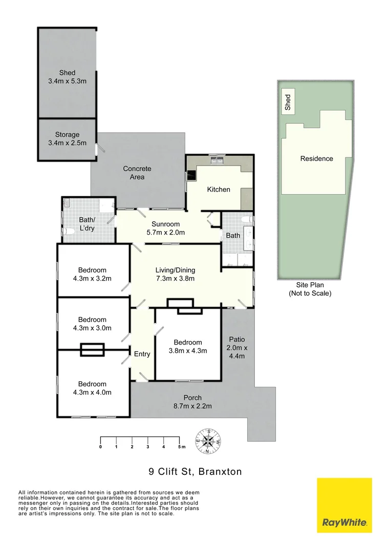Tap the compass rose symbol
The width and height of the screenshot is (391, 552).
click(209, 441)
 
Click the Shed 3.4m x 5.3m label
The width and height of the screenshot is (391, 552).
click(67, 77)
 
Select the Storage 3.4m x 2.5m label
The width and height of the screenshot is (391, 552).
click(67, 139)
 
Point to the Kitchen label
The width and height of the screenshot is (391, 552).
click(219, 190)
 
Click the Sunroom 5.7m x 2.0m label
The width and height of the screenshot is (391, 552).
click(165, 228)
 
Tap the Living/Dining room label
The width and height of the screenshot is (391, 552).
click(176, 274)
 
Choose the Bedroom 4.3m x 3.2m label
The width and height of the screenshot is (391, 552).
click(92, 274)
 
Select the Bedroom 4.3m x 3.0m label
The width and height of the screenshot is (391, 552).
click(92, 324)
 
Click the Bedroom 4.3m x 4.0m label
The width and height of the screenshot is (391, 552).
click(92, 388)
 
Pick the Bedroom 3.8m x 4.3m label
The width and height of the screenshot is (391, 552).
click(188, 347)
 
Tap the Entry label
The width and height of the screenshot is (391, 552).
click(142, 354)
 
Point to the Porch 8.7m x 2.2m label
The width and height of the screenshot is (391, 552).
click(192, 402)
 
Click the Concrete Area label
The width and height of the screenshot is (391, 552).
click(137, 173)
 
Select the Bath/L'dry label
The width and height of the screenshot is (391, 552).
click(86, 223)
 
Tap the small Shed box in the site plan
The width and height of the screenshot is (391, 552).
click(288, 102)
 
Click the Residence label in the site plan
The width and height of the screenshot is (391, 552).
click(316, 159)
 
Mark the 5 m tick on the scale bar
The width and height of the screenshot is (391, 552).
click(179, 439)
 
